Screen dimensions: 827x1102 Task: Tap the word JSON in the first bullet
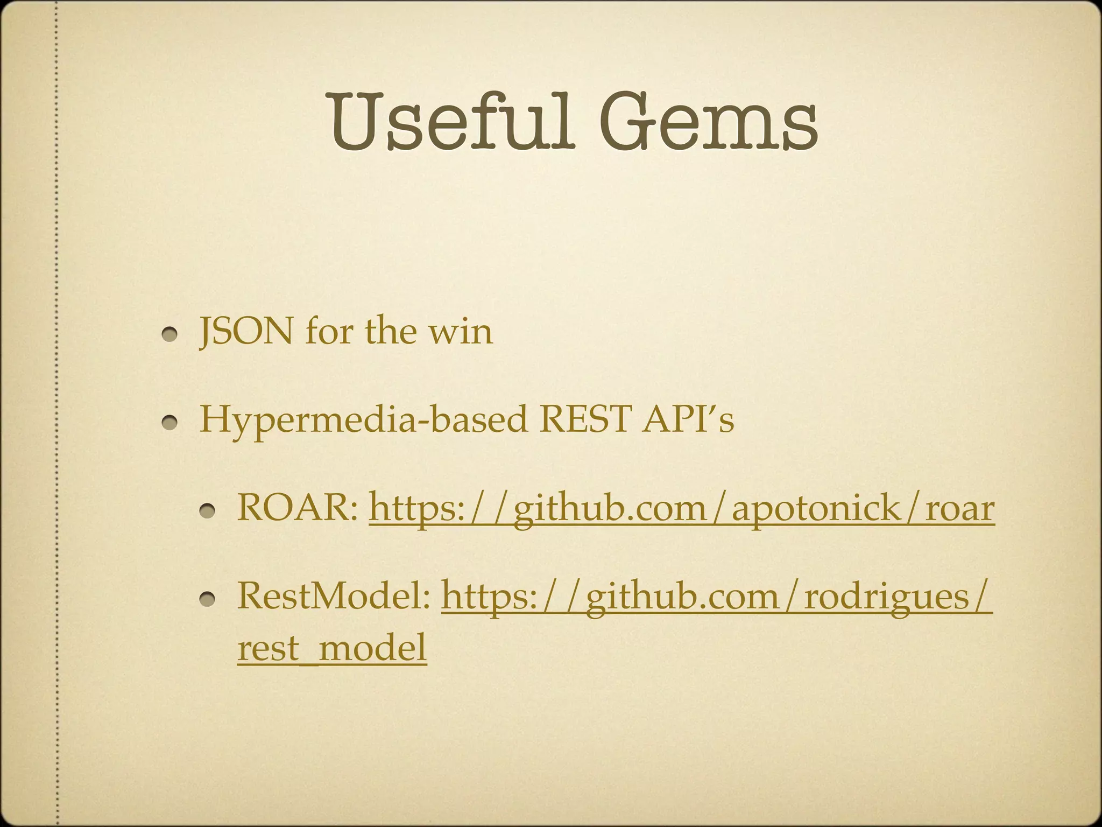coord(246,331)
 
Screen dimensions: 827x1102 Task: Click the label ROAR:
coord(298,507)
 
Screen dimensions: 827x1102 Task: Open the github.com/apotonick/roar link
coord(681,508)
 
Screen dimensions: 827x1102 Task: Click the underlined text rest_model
coord(332,647)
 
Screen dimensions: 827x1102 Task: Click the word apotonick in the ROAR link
coord(816,509)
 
